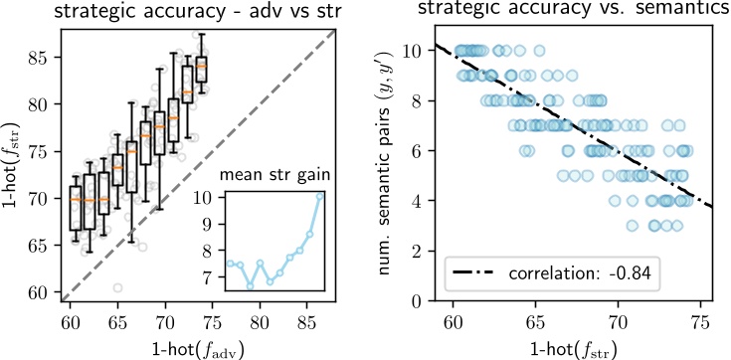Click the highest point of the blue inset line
click(x=320, y=196)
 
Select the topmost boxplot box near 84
click(x=201, y=70)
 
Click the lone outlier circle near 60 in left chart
click(x=118, y=287)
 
